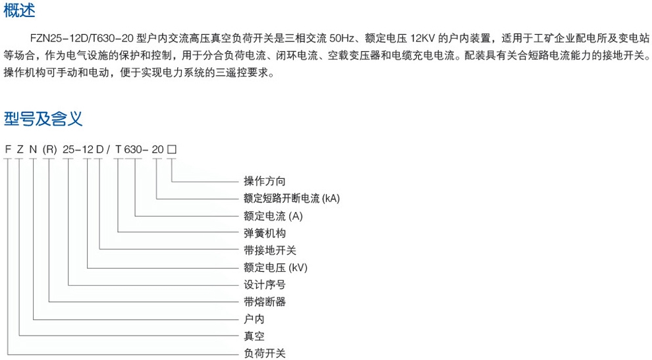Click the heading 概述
tap(19, 10)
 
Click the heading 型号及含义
tap(43, 119)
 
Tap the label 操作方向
tap(265, 181)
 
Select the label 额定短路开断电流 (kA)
tap(292, 198)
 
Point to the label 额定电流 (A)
tap(273, 216)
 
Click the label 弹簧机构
tap(265, 233)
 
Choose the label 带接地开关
tap(270, 250)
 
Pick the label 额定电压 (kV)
tap(275, 267)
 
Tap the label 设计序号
tap(265, 285)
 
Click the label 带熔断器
tap(265, 302)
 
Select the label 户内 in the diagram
tap(254, 319)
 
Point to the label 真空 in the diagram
tap(254, 336)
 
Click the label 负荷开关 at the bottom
tap(265, 353)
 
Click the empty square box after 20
tap(172, 149)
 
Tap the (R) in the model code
tap(49, 149)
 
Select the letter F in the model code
tap(7, 149)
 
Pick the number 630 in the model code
tap(133, 149)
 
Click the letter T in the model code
tap(118, 149)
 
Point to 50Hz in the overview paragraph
tap(342, 39)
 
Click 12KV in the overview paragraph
tap(422, 39)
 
